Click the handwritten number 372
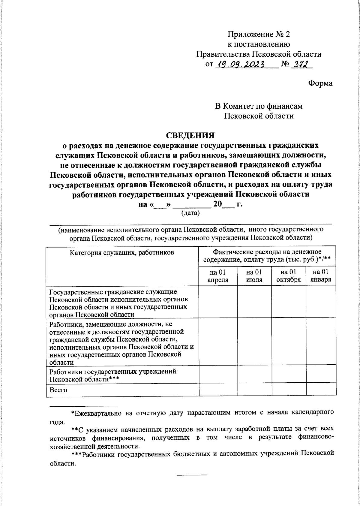[x=301, y=64]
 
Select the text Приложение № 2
[x=259, y=34]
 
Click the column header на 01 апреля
[x=218, y=276]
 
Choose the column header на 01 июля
[x=254, y=276]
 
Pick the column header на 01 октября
[x=288, y=276]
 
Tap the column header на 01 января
[x=321, y=276]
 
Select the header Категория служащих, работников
[x=122, y=252]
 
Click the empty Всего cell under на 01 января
[x=321, y=390]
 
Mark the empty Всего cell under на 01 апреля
[x=218, y=390]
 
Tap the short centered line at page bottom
[x=191, y=474]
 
